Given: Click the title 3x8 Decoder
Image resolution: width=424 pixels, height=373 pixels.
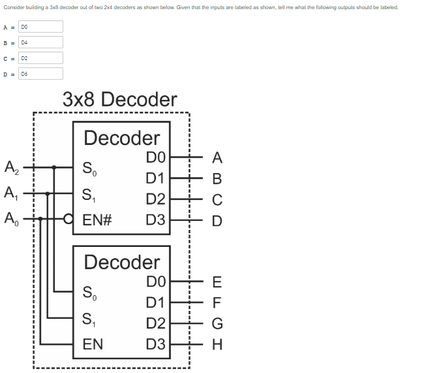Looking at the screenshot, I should coord(119,99).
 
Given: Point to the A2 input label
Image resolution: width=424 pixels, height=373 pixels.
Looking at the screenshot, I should coord(11,167).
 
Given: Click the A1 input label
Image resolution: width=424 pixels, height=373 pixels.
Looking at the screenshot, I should coord(11,193).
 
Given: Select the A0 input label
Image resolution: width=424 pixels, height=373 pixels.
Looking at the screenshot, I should coord(11,219).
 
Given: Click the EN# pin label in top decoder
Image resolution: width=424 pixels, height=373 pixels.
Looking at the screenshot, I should coord(98,219).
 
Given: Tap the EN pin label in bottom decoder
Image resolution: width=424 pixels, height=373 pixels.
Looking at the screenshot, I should coord(93,344).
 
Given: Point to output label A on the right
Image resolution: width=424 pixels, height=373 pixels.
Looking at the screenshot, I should coord(217,157).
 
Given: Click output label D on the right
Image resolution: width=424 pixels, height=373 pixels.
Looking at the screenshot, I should coord(217,220).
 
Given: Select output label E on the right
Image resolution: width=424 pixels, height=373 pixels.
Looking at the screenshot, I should coord(217,282).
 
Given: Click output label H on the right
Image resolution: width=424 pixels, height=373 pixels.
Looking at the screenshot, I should coord(217,344).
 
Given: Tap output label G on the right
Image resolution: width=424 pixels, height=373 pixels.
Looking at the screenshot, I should coord(217,323).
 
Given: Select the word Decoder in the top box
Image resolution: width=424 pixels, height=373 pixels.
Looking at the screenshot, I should coord(122,138).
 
